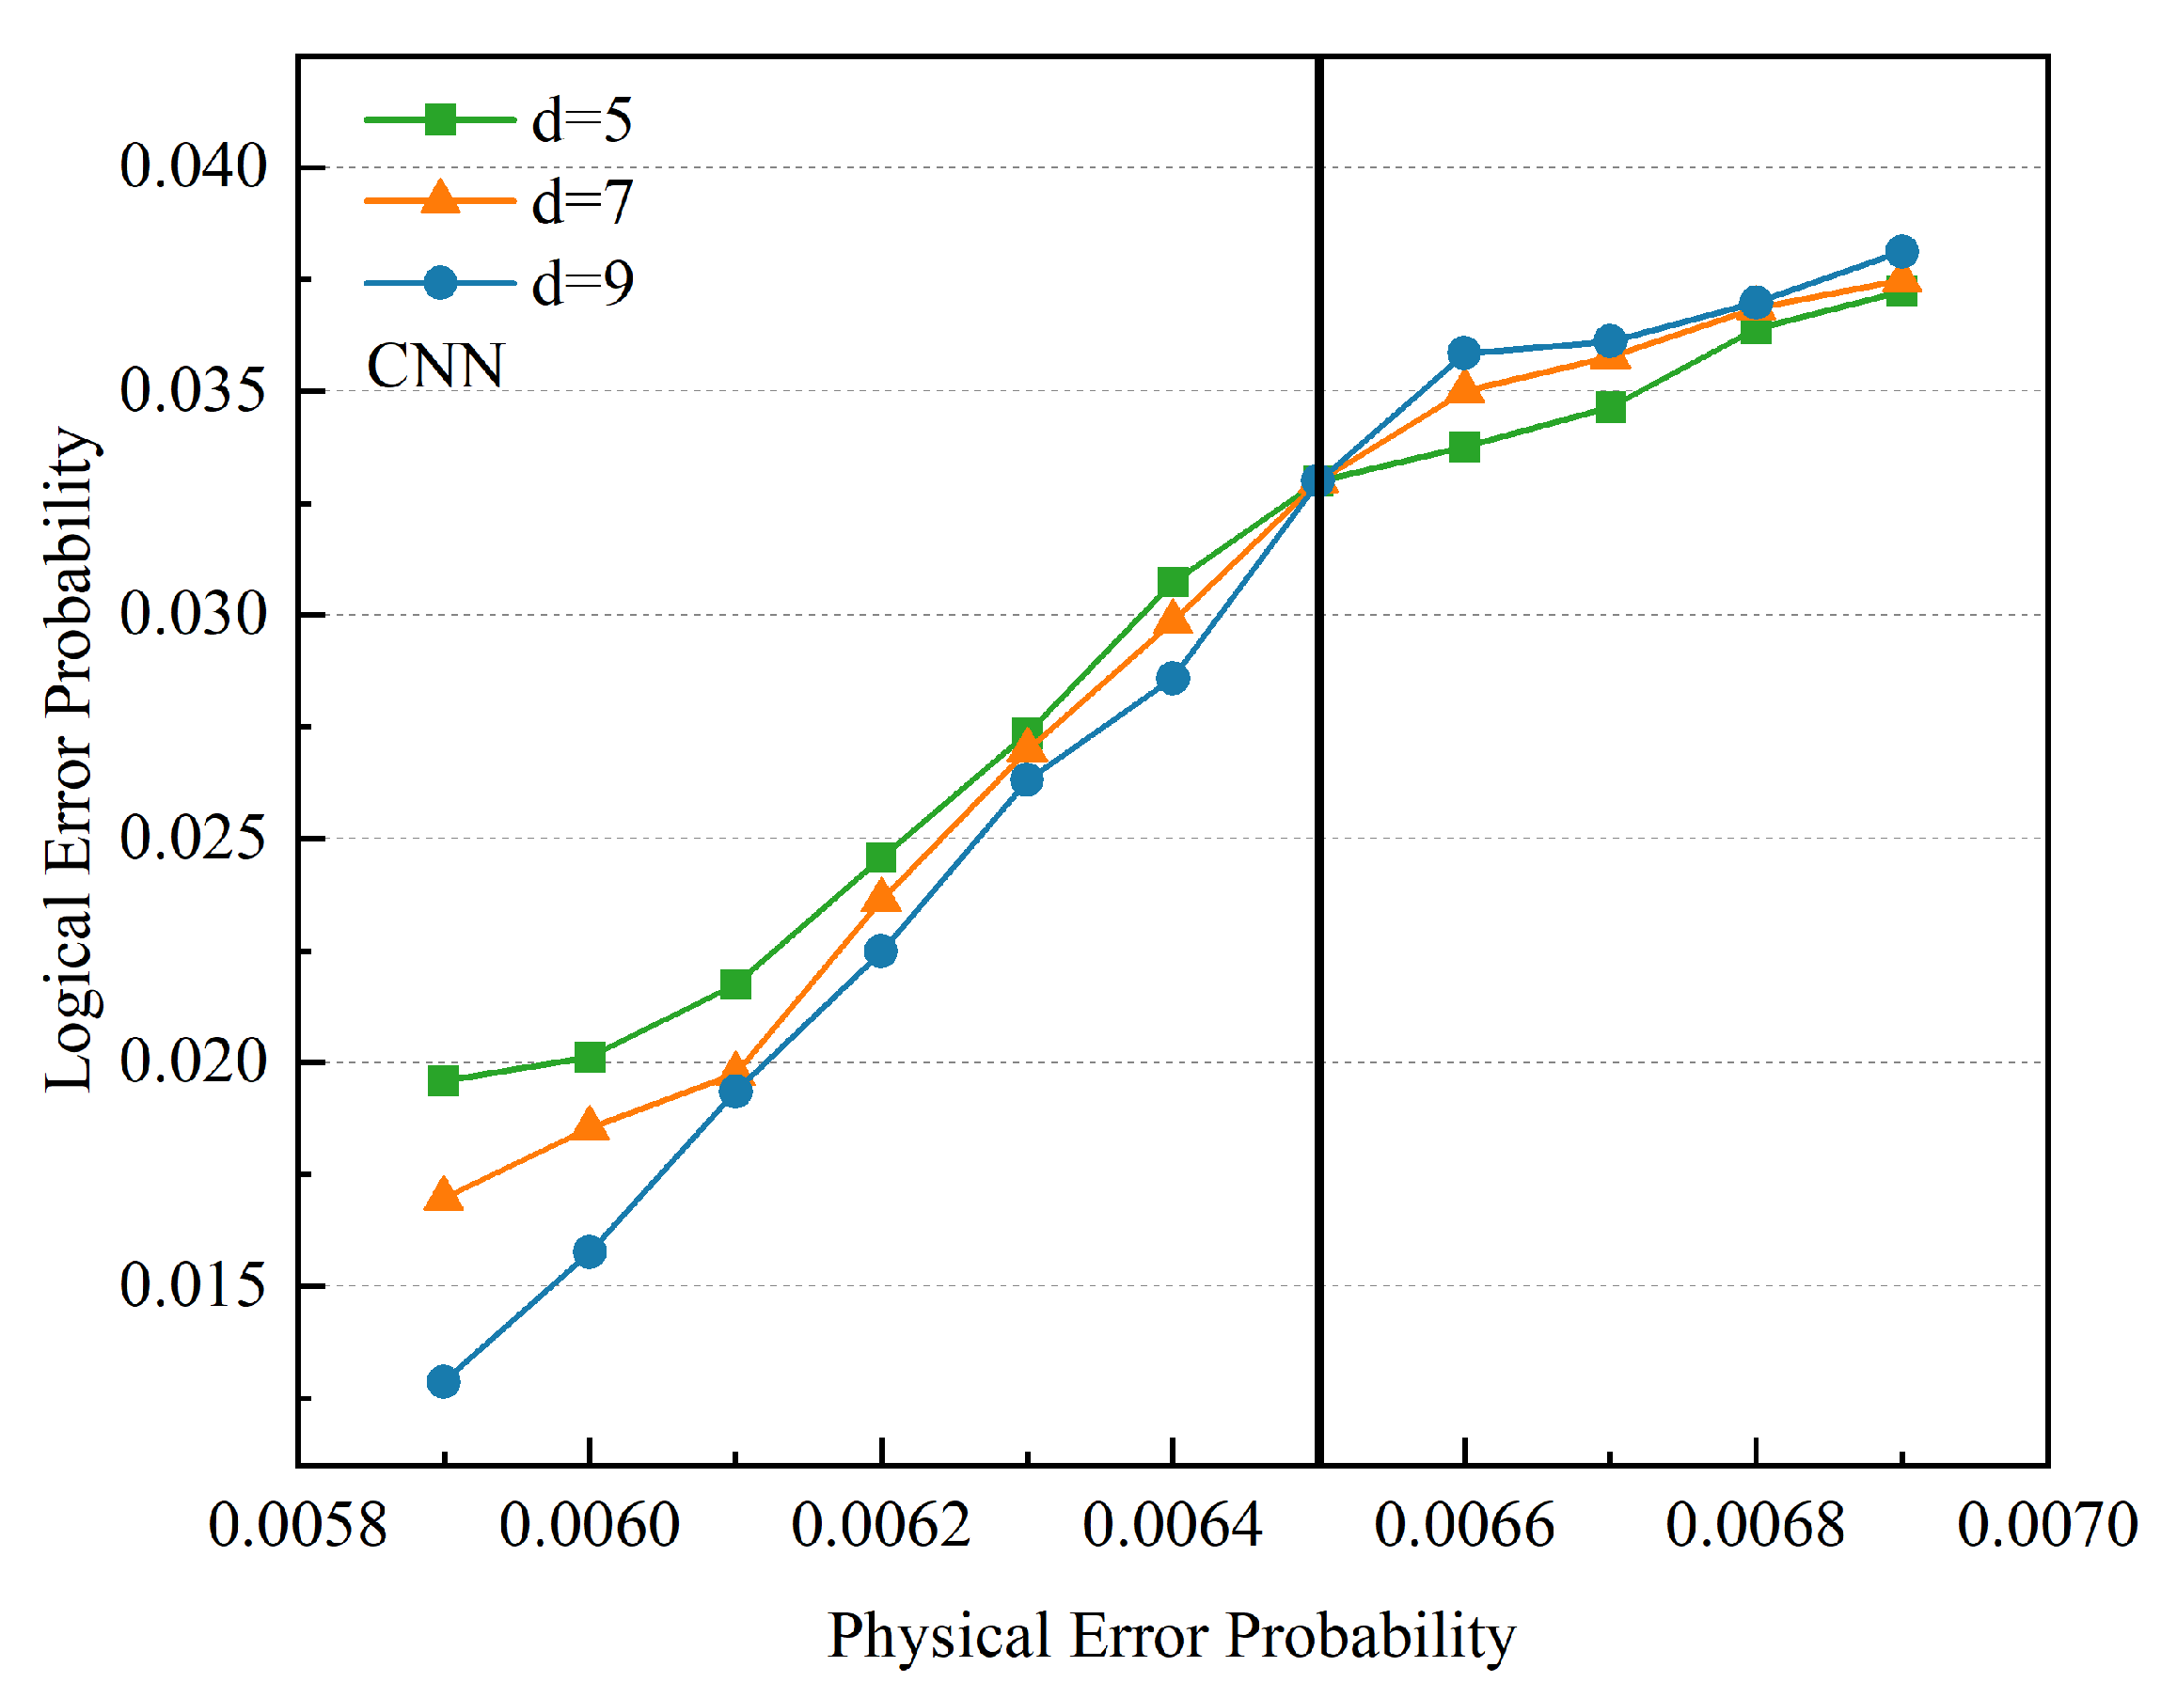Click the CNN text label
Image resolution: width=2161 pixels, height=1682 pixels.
(435, 366)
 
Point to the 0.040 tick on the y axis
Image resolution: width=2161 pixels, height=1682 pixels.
(194, 165)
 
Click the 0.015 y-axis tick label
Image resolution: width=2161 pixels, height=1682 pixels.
(194, 1285)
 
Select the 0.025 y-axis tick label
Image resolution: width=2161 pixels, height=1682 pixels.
(194, 837)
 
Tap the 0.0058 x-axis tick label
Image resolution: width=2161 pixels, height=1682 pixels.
(297, 1525)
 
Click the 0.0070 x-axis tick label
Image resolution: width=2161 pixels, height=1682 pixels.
(2046, 1525)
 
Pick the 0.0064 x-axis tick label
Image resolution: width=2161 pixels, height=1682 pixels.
(1172, 1525)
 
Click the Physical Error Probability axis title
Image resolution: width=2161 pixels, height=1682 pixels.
(1172, 1634)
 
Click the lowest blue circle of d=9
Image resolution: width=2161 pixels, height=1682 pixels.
(443, 1381)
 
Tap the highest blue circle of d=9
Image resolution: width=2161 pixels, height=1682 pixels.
(1901, 251)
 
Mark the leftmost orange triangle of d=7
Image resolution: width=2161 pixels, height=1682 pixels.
(443, 1196)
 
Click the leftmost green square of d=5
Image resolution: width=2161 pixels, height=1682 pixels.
(443, 1080)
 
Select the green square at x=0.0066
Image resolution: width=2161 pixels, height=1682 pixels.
(1463, 448)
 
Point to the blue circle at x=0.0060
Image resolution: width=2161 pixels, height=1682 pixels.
(590, 1251)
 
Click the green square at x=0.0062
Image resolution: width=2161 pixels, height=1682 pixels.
(880, 857)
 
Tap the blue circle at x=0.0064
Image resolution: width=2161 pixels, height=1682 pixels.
(1173, 679)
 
